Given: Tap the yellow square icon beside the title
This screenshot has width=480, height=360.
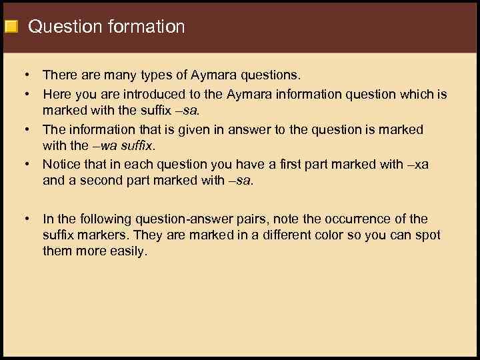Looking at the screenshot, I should tap(11, 27).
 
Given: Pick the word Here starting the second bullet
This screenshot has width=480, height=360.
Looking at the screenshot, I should tap(56, 94).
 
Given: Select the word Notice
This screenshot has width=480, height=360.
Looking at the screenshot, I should tap(61, 163).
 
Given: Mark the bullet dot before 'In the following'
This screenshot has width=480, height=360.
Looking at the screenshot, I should tap(24, 219).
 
